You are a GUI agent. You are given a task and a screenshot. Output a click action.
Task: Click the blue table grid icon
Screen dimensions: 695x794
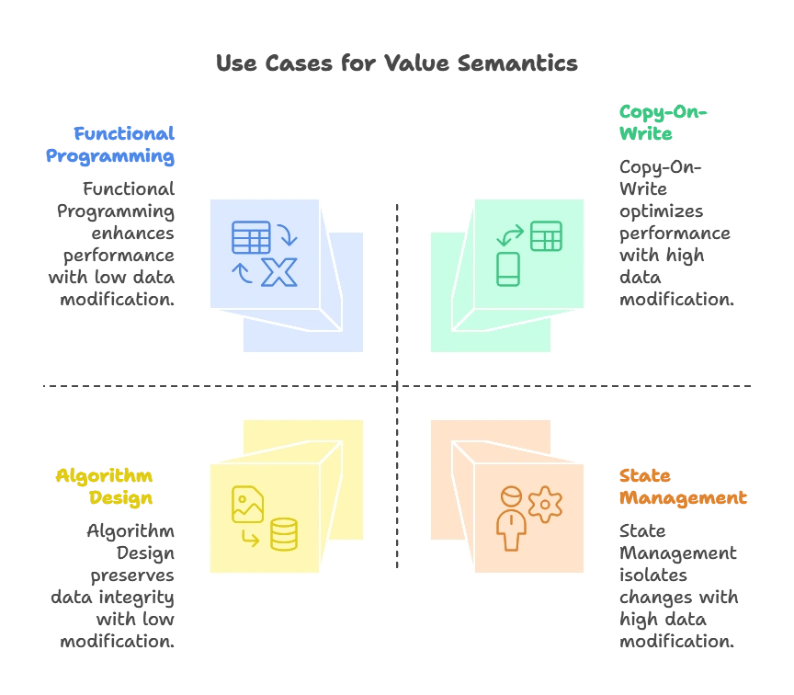tap(251, 237)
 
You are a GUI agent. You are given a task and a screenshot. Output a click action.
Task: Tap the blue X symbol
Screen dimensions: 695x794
tap(279, 272)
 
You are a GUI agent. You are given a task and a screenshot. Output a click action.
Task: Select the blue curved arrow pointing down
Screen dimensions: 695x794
tap(288, 235)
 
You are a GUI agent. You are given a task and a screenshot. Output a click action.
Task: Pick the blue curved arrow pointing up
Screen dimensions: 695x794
tap(242, 272)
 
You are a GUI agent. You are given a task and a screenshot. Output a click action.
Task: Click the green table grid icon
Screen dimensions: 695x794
tap(546, 235)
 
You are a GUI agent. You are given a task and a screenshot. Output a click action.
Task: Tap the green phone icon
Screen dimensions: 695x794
tap(508, 268)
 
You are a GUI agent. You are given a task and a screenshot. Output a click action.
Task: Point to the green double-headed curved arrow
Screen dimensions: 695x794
tap(510, 235)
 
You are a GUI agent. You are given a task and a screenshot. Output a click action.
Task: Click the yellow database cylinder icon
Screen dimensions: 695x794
tap(284, 534)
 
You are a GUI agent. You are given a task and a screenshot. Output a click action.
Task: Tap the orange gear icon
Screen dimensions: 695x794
tap(545, 505)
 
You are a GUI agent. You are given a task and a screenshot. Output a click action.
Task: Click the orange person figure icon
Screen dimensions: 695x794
tap(510, 518)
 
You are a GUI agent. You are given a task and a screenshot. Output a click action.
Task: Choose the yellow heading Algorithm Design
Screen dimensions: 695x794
tap(106, 487)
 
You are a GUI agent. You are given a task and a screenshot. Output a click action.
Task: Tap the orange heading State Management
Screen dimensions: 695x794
tap(682, 487)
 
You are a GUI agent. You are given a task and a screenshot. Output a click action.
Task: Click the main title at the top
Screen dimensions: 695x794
tap(397, 63)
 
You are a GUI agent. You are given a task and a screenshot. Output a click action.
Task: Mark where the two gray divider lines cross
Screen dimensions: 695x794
tap(397, 386)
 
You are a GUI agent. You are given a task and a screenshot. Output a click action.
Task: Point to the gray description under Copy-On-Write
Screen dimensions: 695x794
tap(675, 234)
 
